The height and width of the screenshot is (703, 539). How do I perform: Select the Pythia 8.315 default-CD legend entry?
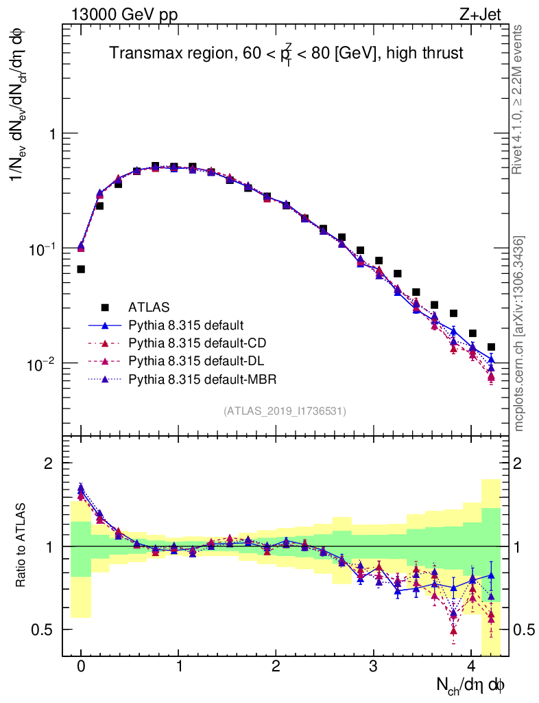pos(195,342)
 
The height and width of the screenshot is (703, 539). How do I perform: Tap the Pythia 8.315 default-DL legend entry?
pos(195,360)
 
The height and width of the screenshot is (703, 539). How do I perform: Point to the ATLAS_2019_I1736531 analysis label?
pos(285,411)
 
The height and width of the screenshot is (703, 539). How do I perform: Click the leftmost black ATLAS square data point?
pos(81,269)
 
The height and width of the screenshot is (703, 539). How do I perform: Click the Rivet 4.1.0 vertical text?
pos(520,99)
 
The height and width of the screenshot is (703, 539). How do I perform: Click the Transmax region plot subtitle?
pos(287,52)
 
